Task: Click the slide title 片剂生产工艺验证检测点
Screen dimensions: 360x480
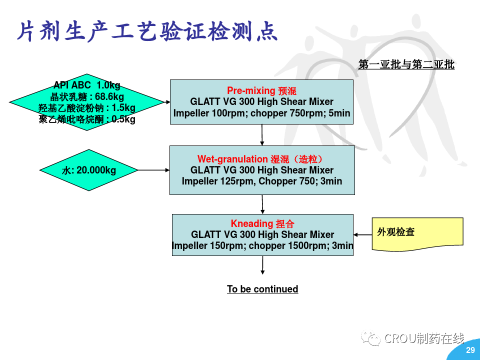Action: pyautogui.click(x=147, y=31)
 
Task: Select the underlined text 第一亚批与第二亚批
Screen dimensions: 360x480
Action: pyautogui.click(x=406, y=64)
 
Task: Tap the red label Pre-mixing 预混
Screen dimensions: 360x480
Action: pyautogui.click(x=261, y=90)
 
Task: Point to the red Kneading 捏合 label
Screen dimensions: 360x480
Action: pyautogui.click(x=262, y=223)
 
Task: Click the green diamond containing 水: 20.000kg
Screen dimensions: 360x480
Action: pyautogui.click(x=88, y=170)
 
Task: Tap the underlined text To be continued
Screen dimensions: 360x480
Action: pyautogui.click(x=262, y=289)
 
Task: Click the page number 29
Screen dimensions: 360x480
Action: pyautogui.click(x=470, y=350)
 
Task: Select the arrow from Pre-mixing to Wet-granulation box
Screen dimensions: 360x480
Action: pyautogui.click(x=262, y=134)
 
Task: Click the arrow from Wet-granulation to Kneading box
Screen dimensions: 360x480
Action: pyautogui.click(x=262, y=204)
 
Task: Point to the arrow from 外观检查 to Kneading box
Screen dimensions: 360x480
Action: pyautogui.click(x=362, y=234)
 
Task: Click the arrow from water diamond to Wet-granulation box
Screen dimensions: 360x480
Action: pyautogui.click(x=153, y=170)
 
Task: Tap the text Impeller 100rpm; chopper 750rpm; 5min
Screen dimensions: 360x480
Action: pyautogui.click(x=261, y=113)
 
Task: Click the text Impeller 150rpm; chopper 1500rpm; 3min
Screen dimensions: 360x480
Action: pyautogui.click(x=262, y=245)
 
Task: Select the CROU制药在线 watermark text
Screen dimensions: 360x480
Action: pyautogui.click(x=424, y=338)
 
